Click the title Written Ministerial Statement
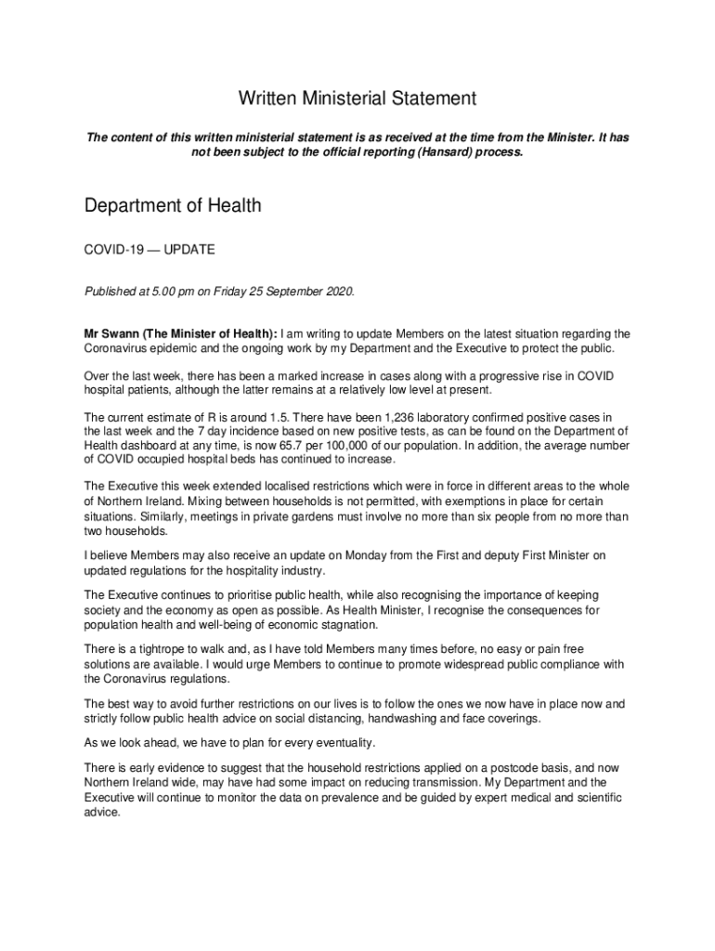(x=357, y=98)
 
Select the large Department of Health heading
(x=173, y=205)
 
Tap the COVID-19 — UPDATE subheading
(x=149, y=251)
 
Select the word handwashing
(x=409, y=719)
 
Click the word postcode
(x=531, y=768)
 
